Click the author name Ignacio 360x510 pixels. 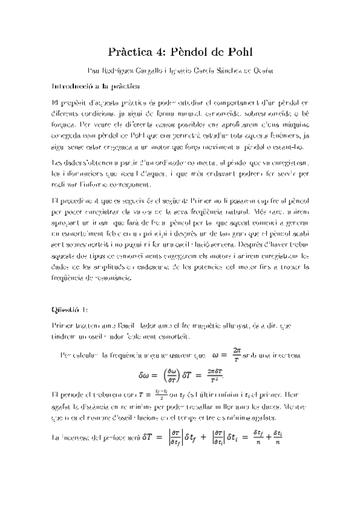click(x=185, y=71)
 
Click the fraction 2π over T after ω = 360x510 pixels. click(x=236, y=354)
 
